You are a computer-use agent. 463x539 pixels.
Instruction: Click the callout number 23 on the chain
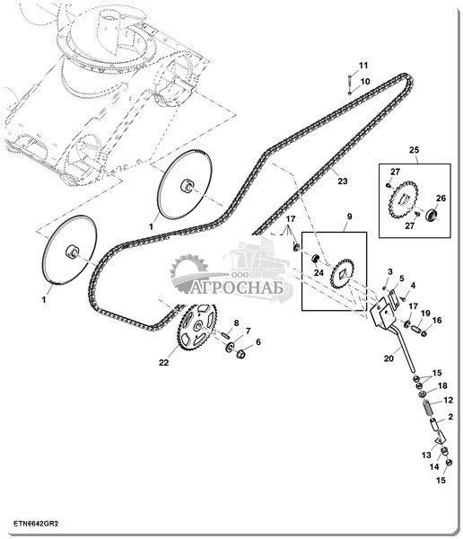click(x=343, y=181)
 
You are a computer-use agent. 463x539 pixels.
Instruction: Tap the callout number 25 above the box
click(x=415, y=150)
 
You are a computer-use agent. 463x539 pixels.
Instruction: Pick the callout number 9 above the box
click(x=349, y=216)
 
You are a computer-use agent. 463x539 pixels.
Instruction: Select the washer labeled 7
click(x=229, y=347)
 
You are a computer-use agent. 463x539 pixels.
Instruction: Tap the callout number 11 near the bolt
click(x=363, y=66)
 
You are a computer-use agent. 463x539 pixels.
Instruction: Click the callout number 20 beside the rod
click(x=389, y=358)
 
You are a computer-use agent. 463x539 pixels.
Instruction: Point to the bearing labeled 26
click(x=431, y=215)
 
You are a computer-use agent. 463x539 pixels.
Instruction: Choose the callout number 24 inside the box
click(x=319, y=272)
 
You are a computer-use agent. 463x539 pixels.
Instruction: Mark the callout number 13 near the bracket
click(x=426, y=455)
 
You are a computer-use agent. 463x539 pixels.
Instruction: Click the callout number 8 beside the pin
click(x=236, y=323)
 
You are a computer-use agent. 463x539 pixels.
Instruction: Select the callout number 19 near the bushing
click(x=425, y=314)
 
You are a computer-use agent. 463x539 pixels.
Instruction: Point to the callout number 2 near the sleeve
click(x=450, y=417)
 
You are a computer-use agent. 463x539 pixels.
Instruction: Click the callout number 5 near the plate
click(x=401, y=278)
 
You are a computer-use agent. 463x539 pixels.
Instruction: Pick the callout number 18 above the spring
click(x=442, y=385)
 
